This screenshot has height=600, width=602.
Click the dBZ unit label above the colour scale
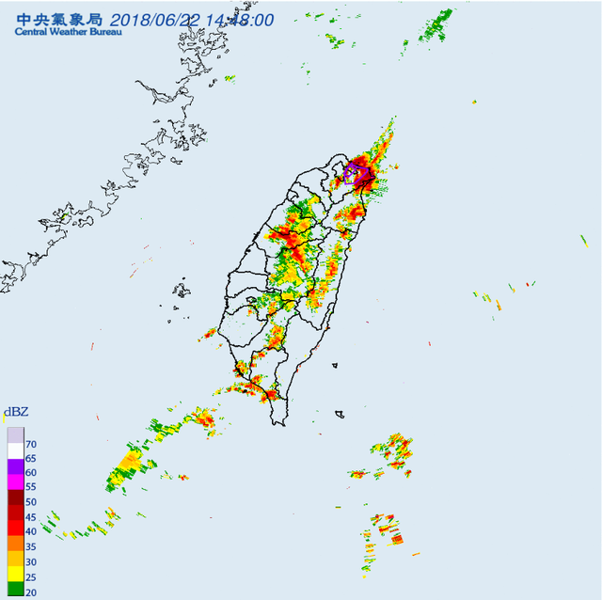click(x=15, y=412)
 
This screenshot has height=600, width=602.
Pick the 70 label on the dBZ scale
click(x=31, y=444)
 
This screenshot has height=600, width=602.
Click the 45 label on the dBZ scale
click(x=31, y=517)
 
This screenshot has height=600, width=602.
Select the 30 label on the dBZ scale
click(x=31, y=561)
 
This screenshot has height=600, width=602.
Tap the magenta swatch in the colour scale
click(x=14, y=482)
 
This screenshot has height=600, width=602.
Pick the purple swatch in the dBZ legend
click(x=14, y=467)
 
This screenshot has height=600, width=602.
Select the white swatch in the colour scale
click(x=14, y=451)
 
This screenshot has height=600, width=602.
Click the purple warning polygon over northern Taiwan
click(x=354, y=173)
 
